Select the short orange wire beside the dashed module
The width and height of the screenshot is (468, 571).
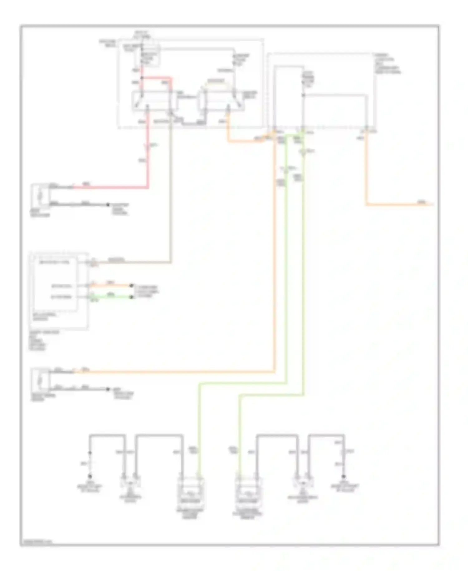coord(112,285)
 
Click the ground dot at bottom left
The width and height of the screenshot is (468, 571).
coord(90,476)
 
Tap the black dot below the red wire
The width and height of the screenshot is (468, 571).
coord(108,205)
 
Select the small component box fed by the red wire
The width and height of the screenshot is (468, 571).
coord(40,195)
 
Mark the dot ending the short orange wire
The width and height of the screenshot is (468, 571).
coord(132,285)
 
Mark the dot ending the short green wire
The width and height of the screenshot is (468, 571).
coord(132,297)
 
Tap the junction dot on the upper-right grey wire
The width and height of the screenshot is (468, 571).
coord(303,95)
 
